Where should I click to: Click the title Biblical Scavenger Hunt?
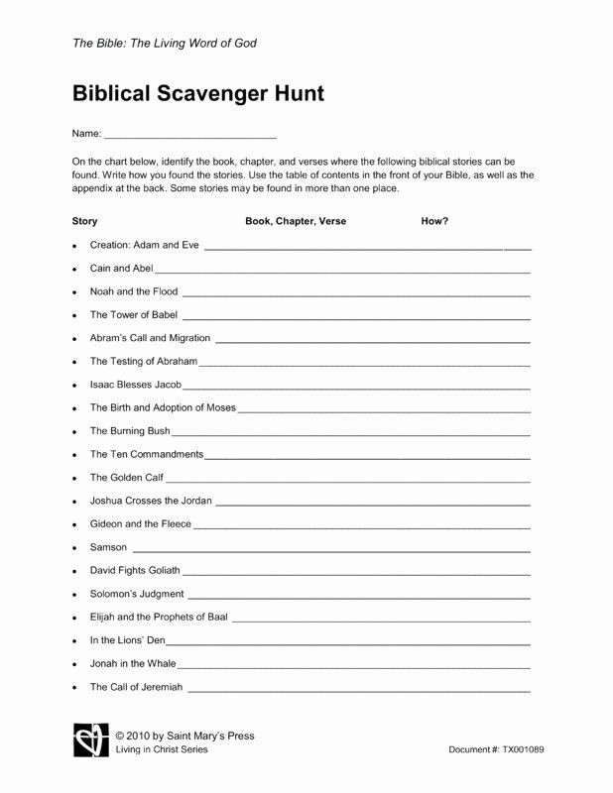(x=198, y=95)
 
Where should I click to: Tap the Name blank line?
(x=189, y=135)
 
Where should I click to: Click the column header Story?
(x=85, y=221)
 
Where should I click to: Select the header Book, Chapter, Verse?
(x=296, y=221)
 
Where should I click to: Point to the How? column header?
(x=434, y=221)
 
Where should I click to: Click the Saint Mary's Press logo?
(x=90, y=741)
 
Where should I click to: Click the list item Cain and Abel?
(x=121, y=268)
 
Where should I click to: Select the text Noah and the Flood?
(x=134, y=291)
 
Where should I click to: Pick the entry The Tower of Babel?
(x=134, y=314)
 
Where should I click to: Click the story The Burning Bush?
(x=130, y=431)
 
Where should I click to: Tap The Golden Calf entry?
(x=127, y=478)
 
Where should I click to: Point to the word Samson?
(x=108, y=547)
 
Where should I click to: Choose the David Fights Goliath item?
(x=135, y=570)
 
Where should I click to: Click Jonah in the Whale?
(x=132, y=663)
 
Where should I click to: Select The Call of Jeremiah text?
(x=137, y=686)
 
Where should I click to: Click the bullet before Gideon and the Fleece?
(x=74, y=524)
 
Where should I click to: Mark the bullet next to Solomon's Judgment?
(x=74, y=595)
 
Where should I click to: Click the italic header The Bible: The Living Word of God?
(x=165, y=44)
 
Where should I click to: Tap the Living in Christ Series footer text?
(x=162, y=749)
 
